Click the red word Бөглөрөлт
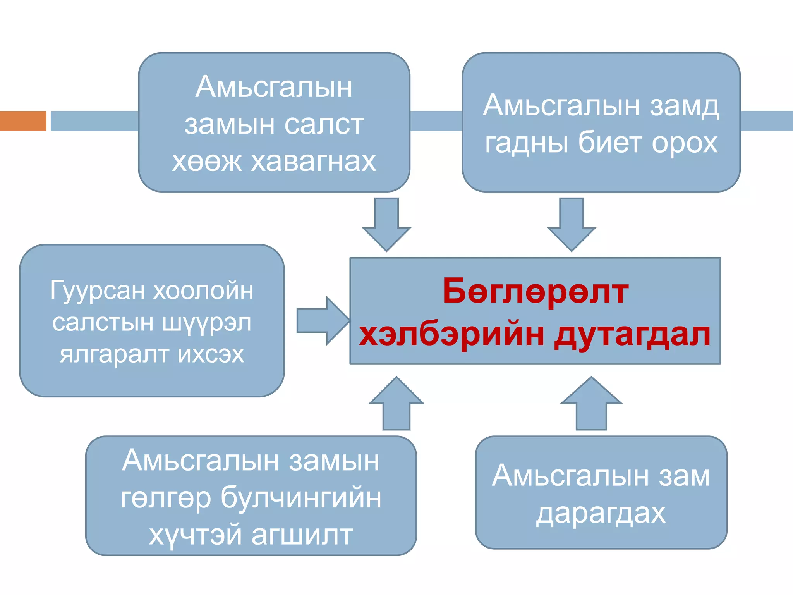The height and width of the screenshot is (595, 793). pos(535,291)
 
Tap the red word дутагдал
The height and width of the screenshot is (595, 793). pos(632,335)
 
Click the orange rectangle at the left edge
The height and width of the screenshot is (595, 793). pos(23,121)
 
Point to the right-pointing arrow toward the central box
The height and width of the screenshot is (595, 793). pos(322,321)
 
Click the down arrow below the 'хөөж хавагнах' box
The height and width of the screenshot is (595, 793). pos(386,225)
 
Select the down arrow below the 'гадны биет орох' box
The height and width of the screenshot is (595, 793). pos(572,225)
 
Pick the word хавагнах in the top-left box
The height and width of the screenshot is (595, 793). pos(314,161)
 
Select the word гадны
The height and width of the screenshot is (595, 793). pos(527,143)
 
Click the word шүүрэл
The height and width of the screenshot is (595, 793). pos(206,322)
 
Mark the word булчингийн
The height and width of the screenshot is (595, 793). pos(300,497)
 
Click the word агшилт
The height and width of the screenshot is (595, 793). pos(302,535)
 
